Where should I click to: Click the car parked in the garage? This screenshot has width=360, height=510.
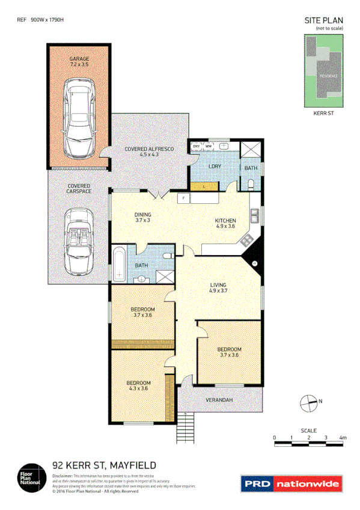coord(79,115)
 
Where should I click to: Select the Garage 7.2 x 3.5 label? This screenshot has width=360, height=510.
coord(79,61)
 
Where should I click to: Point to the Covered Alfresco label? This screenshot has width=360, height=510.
coord(149,151)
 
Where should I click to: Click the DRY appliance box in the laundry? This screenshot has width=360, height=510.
coord(196,146)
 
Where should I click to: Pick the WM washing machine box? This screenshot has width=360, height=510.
coord(208,146)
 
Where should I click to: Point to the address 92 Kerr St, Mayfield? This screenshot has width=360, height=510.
coord(105,465)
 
